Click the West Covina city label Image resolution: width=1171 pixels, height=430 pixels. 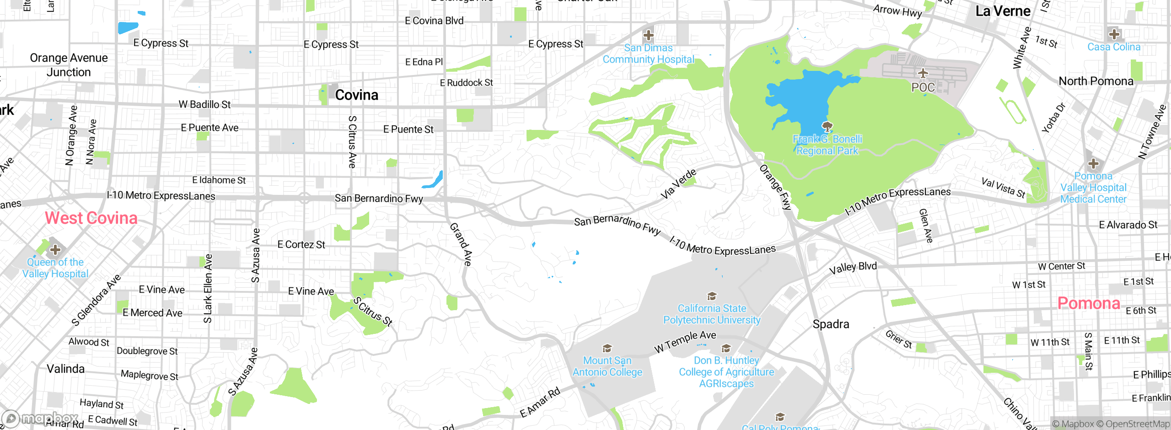click(x=91, y=218)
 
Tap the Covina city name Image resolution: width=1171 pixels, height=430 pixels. click(x=356, y=95)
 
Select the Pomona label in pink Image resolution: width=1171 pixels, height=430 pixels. click(x=1089, y=303)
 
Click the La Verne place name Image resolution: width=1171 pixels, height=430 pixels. click(x=1003, y=11)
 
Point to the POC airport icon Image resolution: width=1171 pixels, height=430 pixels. click(x=923, y=73)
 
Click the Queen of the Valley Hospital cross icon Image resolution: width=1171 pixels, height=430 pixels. click(x=55, y=250)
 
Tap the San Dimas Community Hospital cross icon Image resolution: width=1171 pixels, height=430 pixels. click(x=648, y=35)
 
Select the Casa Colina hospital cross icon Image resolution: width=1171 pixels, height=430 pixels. click(x=1114, y=34)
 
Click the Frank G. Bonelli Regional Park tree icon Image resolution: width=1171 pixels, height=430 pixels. click(x=827, y=126)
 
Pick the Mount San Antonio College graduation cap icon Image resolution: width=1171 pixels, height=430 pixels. click(x=607, y=349)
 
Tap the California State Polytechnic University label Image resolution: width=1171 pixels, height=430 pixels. click(x=712, y=314)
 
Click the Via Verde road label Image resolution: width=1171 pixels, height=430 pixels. click(x=678, y=184)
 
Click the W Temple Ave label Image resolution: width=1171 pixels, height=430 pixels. click(x=685, y=342)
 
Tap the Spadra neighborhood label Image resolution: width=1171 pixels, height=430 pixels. click(x=831, y=324)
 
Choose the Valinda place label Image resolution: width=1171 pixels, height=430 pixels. click(x=65, y=369)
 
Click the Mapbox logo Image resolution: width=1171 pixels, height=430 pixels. click(x=40, y=418)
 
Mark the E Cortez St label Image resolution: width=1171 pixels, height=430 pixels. click(x=301, y=245)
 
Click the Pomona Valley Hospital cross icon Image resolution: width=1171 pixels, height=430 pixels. click(x=1093, y=164)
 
